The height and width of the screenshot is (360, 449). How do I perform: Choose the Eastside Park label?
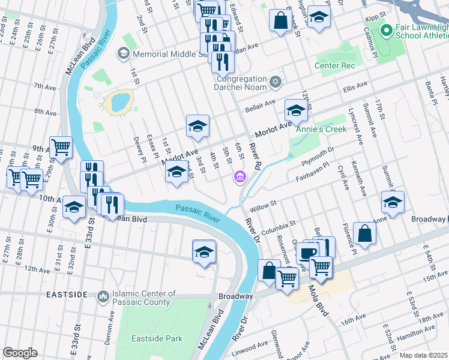[x=157, y=338]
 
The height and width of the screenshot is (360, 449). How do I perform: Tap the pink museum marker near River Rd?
[x=240, y=176]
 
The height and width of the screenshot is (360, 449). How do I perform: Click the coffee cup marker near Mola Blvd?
[x=308, y=253]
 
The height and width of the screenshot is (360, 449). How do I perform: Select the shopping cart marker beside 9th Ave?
[x=61, y=147]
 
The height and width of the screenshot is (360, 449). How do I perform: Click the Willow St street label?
[x=262, y=206]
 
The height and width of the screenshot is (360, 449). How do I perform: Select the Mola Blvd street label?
[x=322, y=305]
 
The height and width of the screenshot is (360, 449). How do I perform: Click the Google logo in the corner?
[x=20, y=353]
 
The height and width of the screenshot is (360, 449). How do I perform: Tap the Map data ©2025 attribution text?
[x=423, y=355]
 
